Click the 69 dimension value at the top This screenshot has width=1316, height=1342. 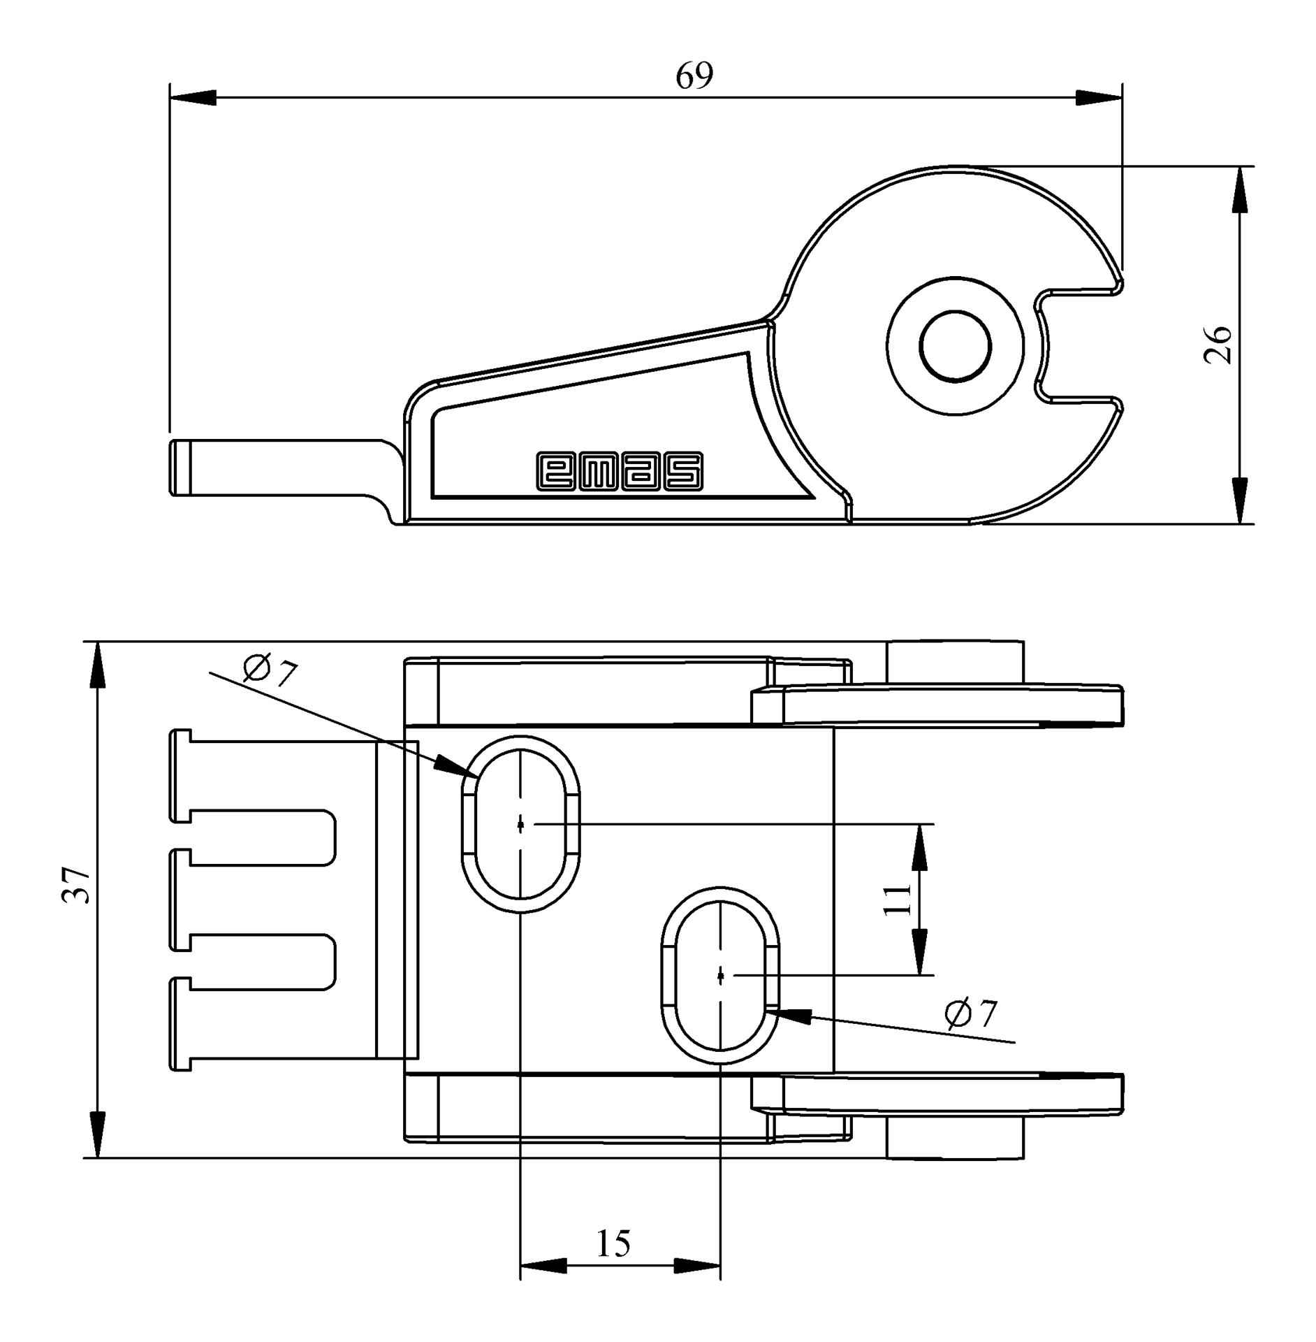tap(694, 76)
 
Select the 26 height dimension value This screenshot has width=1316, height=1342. tap(1218, 344)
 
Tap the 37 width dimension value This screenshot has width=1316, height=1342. tap(75, 885)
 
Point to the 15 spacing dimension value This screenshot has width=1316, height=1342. tap(613, 1243)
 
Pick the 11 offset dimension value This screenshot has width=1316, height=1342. tap(898, 900)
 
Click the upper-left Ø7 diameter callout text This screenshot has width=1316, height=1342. tap(270, 671)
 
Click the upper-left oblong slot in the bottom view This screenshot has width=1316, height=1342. tap(520, 824)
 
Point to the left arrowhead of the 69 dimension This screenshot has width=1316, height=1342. tap(193, 98)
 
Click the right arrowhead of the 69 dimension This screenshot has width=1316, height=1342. tap(1099, 98)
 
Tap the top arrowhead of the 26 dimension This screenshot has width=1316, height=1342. tap(1239, 189)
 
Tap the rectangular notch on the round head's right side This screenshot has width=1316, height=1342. tap(1079, 345)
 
